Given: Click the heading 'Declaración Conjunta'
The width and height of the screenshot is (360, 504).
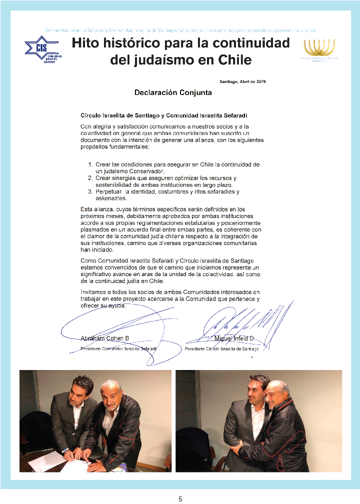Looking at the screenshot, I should pyautogui.click(x=173, y=92).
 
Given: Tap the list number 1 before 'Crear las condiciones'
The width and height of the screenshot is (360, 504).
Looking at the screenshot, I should pyautogui.click(x=90, y=164).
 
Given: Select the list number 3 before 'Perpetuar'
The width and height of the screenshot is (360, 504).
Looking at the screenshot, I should pyautogui.click(x=90, y=191).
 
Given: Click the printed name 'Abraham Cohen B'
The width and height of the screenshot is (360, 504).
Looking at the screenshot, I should pyautogui.click(x=105, y=338).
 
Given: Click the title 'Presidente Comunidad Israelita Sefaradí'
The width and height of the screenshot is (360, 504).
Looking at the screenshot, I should pyautogui.click(x=119, y=348).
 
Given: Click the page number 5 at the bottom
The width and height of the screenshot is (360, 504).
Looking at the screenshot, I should pyautogui.click(x=180, y=499).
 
